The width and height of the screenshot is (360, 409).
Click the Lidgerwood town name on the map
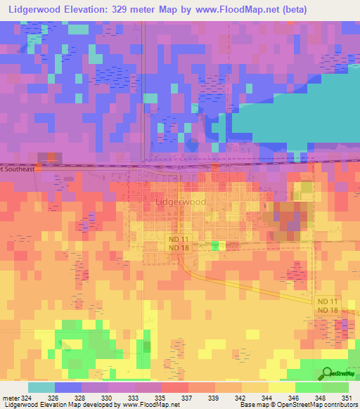[x=180, y=202]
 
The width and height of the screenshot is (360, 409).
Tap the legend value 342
[x=241, y=397]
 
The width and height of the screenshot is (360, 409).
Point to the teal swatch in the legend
[x=41, y=387]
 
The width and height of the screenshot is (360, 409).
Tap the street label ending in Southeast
[x=21, y=169]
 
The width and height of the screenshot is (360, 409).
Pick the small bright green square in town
[x=215, y=245]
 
